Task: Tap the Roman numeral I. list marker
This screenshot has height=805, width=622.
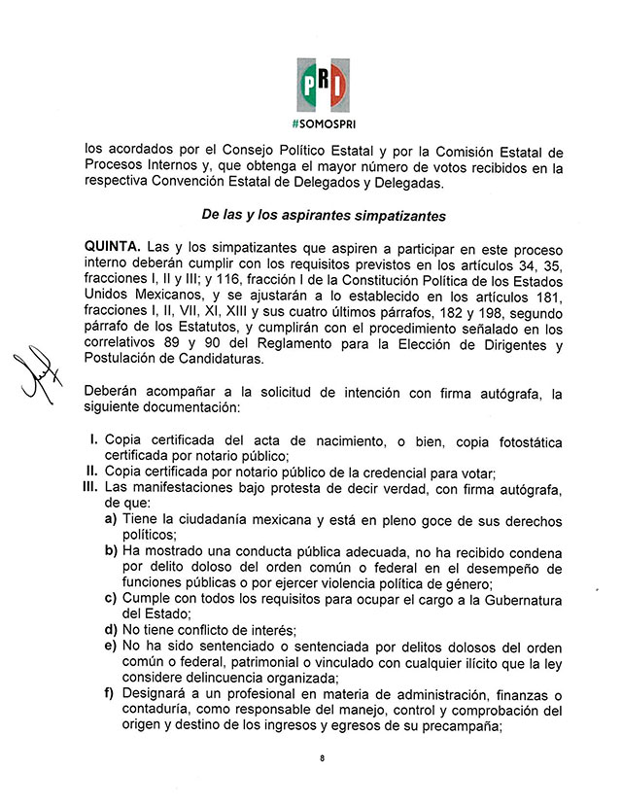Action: point(93,440)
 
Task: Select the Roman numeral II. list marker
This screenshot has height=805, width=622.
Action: point(91,473)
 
